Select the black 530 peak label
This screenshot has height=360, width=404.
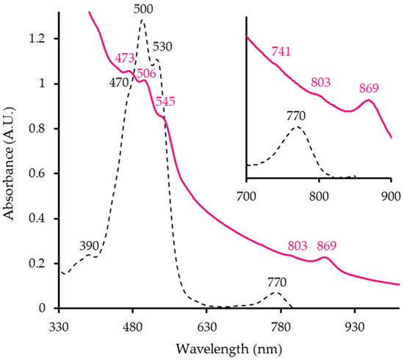163,47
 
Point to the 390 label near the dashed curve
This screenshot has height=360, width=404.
90,246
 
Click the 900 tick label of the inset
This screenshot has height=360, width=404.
390,196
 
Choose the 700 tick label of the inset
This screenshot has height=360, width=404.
247,196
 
